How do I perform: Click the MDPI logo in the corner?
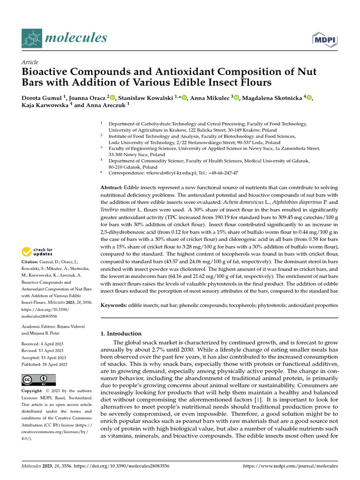coord(327,39)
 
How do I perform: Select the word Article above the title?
coord(30,62)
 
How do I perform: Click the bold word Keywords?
coord(114,305)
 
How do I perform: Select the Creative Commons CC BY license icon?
coord(38,380)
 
